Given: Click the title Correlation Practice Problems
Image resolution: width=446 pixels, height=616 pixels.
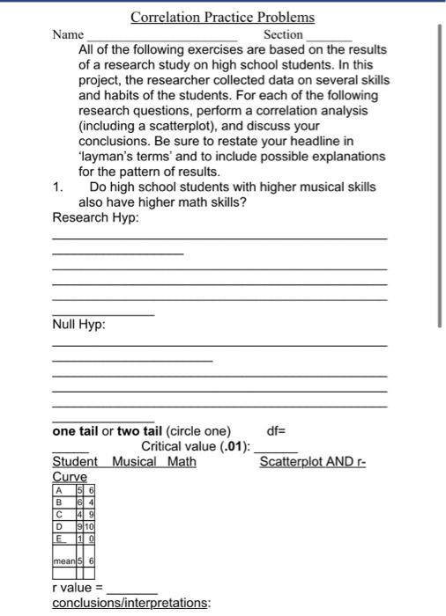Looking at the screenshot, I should click(222, 17).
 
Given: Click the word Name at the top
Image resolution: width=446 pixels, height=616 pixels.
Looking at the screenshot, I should click(68, 34).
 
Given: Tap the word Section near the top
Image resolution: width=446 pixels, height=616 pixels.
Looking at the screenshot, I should click(283, 34).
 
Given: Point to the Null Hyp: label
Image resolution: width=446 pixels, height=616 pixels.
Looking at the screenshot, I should click(79, 325).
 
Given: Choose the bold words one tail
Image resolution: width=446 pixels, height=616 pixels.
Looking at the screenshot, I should click(76, 431).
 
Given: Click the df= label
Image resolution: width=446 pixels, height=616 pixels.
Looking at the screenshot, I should click(276, 431).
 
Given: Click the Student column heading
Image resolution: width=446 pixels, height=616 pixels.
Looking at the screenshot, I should click(75, 461).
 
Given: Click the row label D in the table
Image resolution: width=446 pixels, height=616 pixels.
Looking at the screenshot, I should click(59, 527).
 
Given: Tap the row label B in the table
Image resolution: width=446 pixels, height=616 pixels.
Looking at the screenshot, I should click(59, 502).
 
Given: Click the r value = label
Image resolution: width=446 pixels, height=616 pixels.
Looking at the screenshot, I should click(78, 587).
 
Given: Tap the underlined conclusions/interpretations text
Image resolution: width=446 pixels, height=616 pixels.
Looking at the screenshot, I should click(131, 603).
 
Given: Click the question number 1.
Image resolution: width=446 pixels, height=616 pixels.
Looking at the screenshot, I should click(57, 187).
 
